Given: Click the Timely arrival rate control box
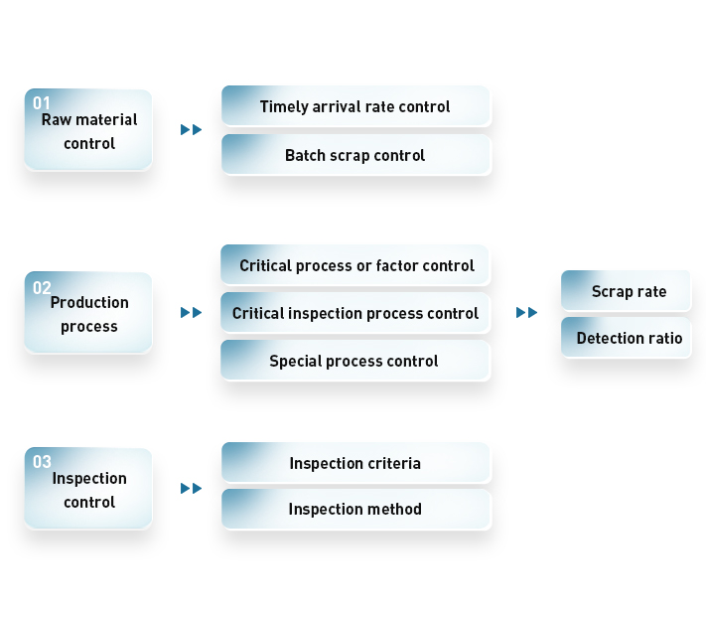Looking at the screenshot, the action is tap(355, 106).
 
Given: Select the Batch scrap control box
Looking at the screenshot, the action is tap(355, 155).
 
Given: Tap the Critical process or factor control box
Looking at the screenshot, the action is tap(355, 265).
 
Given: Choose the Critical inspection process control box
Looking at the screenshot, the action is tap(355, 313).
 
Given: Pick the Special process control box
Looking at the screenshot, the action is tap(355, 361).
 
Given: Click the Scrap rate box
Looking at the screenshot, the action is tap(626, 290).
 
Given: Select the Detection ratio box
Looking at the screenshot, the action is tap(626, 338).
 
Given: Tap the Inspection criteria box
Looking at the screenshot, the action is tap(355, 463).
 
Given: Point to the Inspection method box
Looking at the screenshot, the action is tap(355, 509).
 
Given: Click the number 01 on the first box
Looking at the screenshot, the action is tap(42, 103).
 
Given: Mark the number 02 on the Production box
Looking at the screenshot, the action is tap(42, 288).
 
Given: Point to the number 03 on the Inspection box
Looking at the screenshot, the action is tap(42, 462).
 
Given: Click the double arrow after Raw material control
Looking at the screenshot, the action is tap(191, 130).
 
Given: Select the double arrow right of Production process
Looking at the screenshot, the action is tap(191, 312).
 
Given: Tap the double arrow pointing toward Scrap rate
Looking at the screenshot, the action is tap(527, 312).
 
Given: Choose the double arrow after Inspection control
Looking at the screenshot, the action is tap(191, 488).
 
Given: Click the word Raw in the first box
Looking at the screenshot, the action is tap(57, 120).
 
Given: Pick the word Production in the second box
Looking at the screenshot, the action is tap(89, 302).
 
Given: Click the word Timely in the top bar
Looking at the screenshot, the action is tap(284, 107).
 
